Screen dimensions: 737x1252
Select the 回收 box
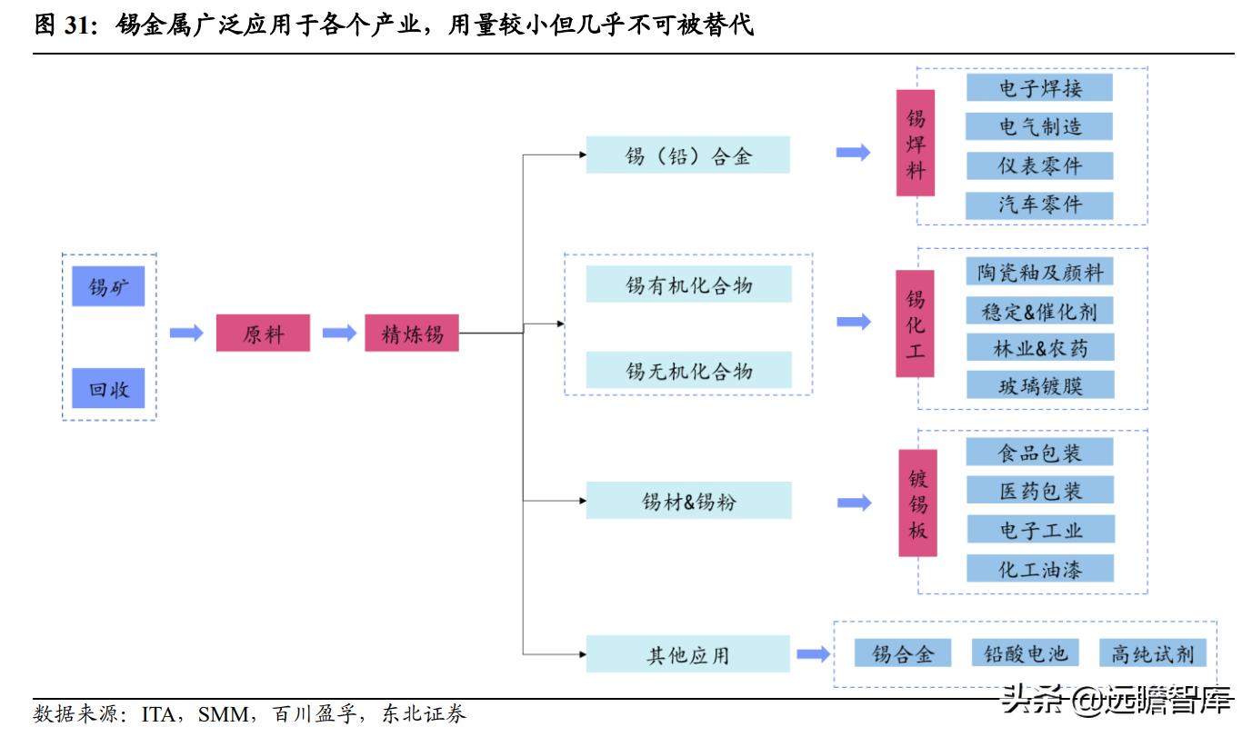pos(108,389)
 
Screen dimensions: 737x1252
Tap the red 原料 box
pos(263,334)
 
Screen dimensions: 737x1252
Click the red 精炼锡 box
pos(411,334)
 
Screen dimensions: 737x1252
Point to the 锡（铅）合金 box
pos(687,154)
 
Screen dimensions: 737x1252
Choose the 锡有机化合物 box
pos(687,284)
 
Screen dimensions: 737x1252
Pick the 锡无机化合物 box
pos(687,371)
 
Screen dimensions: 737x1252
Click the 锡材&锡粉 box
pos(687,501)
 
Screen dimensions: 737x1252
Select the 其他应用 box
pos(687,654)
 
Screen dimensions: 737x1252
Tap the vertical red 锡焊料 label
pos(915,143)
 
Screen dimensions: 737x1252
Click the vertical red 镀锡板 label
pos(917,503)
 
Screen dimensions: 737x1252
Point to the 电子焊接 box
pos(1039,87)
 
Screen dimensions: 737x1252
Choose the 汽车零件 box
pos(1039,204)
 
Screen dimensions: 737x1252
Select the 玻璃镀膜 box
pos(1039,385)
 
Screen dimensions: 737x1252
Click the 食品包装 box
pos(1039,452)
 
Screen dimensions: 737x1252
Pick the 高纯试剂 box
pos(1152,652)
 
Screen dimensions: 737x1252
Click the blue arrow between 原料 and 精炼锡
pos(338,334)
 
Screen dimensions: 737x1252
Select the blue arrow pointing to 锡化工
pos(853,322)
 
